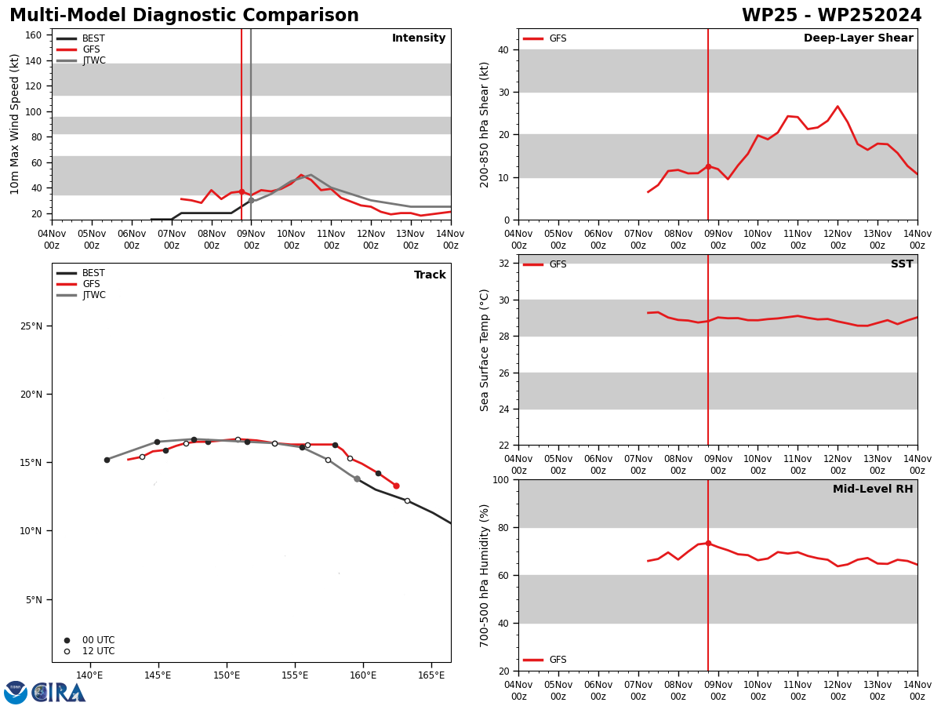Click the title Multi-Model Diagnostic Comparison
click(184, 15)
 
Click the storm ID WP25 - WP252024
click(831, 15)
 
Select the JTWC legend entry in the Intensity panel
click(81, 60)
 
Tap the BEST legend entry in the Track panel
click(81, 273)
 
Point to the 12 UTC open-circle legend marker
click(67, 652)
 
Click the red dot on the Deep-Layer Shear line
click(708, 167)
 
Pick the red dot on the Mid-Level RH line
click(708, 543)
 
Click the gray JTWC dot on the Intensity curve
click(251, 201)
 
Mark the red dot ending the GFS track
click(396, 486)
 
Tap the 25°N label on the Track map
click(31, 326)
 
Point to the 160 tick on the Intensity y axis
click(33, 35)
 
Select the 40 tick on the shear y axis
click(503, 50)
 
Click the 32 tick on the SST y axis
click(503, 264)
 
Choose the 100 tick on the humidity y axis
click(501, 479)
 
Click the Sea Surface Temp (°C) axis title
click(484, 350)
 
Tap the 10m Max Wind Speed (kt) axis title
click(14, 124)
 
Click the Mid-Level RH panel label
click(873, 489)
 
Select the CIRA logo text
click(59, 693)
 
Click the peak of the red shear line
click(837, 107)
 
